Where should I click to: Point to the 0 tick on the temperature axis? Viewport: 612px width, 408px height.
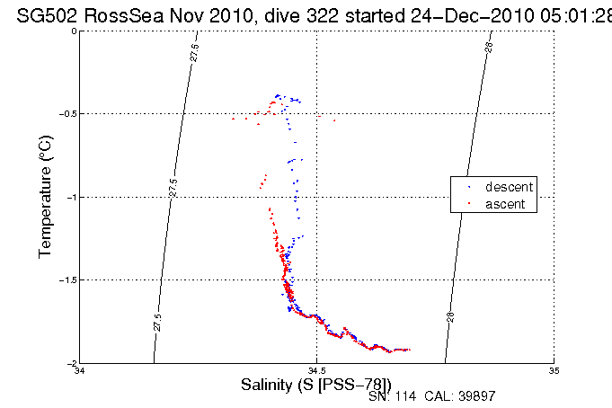[75, 31]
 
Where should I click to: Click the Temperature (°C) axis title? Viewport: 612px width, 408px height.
[46, 197]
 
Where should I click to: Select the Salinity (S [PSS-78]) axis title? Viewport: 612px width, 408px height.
[316, 386]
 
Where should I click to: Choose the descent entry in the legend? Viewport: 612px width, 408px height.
[509, 187]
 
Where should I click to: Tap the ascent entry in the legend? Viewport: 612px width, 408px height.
[506, 205]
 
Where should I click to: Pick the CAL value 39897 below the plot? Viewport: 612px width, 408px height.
[475, 396]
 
